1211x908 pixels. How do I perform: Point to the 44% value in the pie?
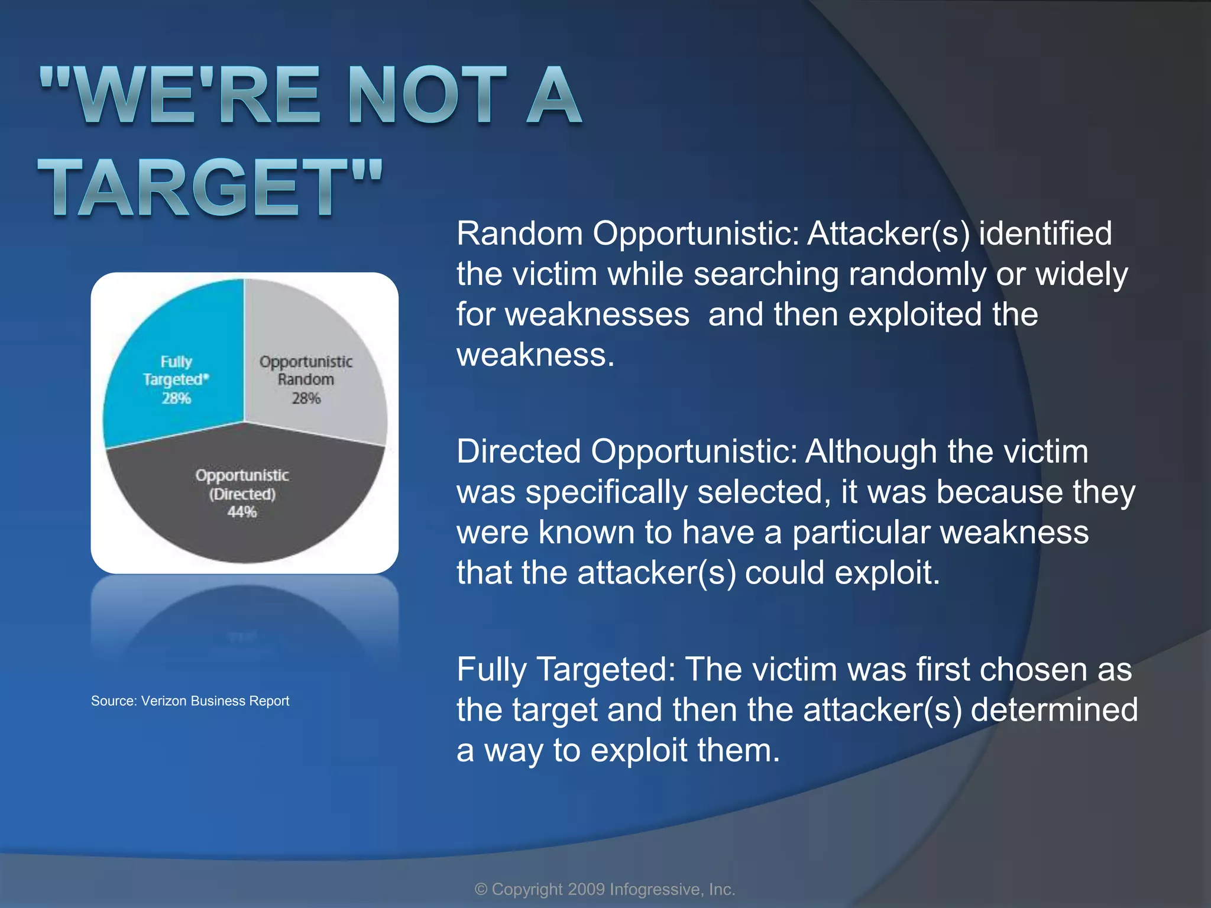pyautogui.click(x=242, y=512)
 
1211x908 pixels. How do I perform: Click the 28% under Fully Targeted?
pyautogui.click(x=176, y=398)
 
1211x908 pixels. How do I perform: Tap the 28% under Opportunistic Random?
pyautogui.click(x=306, y=398)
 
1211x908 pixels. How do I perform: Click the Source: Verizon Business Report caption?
pyautogui.click(x=190, y=701)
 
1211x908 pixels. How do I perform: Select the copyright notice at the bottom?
pyautogui.click(x=605, y=889)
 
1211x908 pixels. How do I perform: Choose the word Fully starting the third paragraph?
pyautogui.click(x=491, y=670)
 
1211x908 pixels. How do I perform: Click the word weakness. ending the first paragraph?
pyautogui.click(x=536, y=355)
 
